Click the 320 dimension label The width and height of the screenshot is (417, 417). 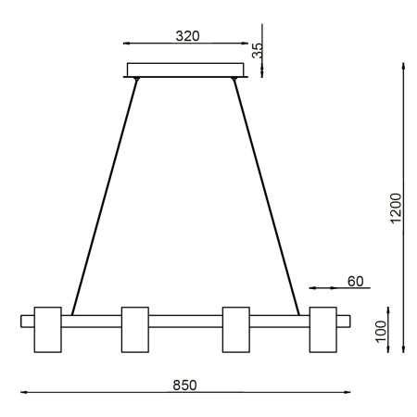pyautogui.click(x=188, y=38)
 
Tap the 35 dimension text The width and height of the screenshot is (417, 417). pyautogui.click(x=259, y=52)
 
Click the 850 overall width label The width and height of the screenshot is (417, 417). pyautogui.click(x=186, y=383)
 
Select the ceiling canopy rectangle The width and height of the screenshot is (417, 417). pyautogui.click(x=187, y=70)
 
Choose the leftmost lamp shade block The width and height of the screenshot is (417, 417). pyautogui.click(x=47, y=329)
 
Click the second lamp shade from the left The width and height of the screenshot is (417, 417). pyautogui.click(x=135, y=329)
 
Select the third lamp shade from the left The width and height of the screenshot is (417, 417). pyautogui.click(x=237, y=329)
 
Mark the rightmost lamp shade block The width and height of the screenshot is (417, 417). pyautogui.click(x=323, y=329)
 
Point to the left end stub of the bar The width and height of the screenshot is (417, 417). pyautogui.click(x=27, y=322)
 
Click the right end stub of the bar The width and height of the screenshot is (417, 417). pyautogui.click(x=345, y=322)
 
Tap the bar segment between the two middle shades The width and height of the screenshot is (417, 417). pyautogui.click(x=186, y=322)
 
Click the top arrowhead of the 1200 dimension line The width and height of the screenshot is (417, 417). pyautogui.click(x=404, y=67)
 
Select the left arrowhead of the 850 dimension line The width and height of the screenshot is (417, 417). pyautogui.click(x=25, y=393)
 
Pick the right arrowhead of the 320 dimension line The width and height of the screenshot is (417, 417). pyautogui.click(x=246, y=44)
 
